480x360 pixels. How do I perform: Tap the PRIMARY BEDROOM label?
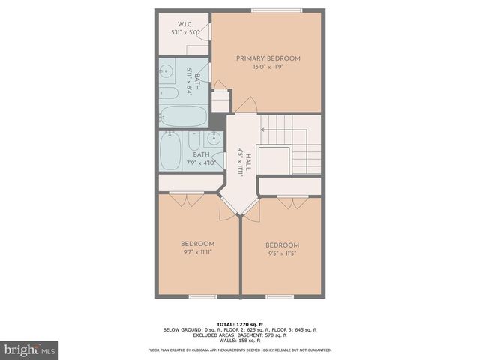tap(268, 58)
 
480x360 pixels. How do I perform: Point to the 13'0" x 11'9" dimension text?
tap(268, 67)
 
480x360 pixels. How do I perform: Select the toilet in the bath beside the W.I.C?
tap(169, 93)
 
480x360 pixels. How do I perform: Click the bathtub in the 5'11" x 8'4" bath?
tap(183, 115)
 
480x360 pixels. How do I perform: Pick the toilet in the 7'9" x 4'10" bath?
tap(194, 142)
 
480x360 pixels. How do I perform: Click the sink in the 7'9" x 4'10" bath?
tap(214, 138)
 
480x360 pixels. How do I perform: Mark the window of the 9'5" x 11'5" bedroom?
tap(280, 297)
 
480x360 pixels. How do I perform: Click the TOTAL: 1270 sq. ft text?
tap(240, 322)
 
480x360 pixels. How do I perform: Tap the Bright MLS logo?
tap(30, 349)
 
